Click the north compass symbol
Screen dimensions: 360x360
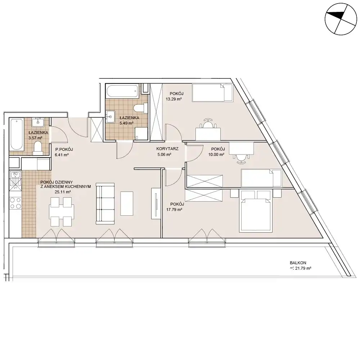pyautogui.click(x=341, y=19)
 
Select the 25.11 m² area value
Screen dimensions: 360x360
pyautogui.click(x=63, y=192)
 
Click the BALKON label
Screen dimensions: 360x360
pyautogui.click(x=298, y=263)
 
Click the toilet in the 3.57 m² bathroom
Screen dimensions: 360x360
pyautogui.click(x=37, y=147)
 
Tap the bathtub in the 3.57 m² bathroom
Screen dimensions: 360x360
pyautogui.click(x=16, y=135)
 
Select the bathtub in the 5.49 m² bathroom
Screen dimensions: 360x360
pyautogui.click(x=122, y=91)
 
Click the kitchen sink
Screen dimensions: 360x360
pyautogui.click(x=15, y=181)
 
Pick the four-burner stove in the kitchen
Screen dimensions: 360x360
pyautogui.click(x=15, y=203)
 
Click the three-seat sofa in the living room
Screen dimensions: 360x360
pyautogui.click(x=105, y=204)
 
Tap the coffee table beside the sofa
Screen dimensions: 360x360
pyautogui.click(x=127, y=203)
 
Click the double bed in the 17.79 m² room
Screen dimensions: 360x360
pyautogui.click(x=255, y=211)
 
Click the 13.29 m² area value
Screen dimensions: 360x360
pyautogui.click(x=174, y=99)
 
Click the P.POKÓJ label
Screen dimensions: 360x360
pyautogui.click(x=64, y=149)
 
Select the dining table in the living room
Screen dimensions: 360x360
pyautogui.click(x=62, y=211)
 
